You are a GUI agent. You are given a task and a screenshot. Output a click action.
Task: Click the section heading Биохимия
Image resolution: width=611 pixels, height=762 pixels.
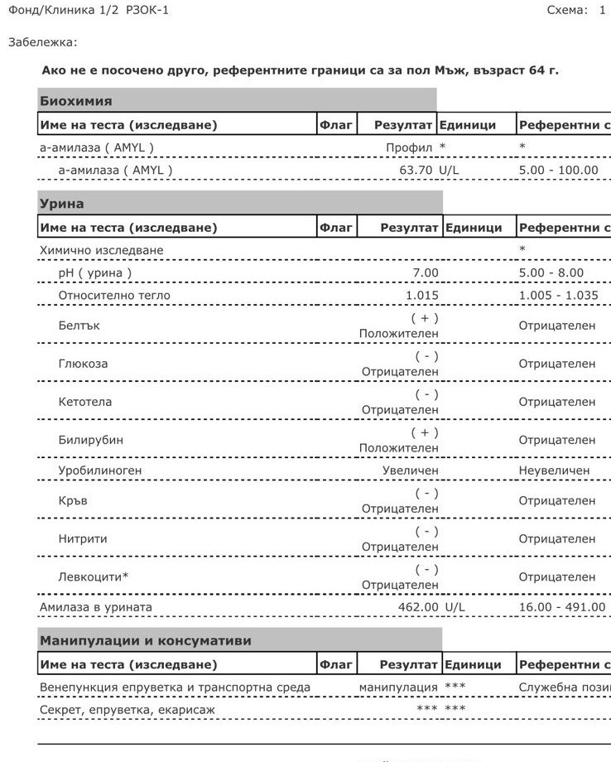[x=75, y=101]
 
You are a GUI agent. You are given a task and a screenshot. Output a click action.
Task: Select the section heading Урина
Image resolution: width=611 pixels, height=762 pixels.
[x=61, y=204]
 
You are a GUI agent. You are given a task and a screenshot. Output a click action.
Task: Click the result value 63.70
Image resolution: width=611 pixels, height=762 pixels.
[x=416, y=170]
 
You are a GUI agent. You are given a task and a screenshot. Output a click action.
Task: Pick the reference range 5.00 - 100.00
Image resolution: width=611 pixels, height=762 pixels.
[x=558, y=170]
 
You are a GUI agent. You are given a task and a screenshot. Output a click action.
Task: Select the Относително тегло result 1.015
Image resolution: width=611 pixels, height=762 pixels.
[x=422, y=295]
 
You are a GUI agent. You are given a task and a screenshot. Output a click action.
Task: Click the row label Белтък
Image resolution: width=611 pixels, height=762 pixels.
[x=78, y=326]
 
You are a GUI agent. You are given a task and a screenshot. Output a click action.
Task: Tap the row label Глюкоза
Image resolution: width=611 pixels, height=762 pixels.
[x=83, y=364]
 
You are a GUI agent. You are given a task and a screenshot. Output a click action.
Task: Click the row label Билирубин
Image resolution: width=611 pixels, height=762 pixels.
[x=90, y=440]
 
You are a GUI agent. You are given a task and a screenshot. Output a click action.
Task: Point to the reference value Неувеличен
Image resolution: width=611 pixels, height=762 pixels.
[x=556, y=470]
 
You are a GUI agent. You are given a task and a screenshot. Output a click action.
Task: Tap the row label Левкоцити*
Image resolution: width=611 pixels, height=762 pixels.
[x=94, y=576]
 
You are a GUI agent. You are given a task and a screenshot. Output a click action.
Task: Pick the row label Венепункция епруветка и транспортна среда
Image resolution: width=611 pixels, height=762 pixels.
[x=175, y=687]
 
